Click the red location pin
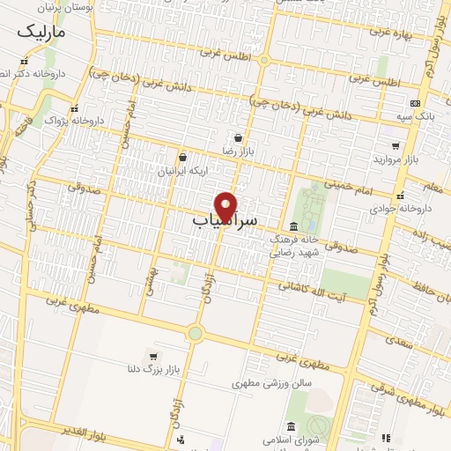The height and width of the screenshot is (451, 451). tap(226, 205)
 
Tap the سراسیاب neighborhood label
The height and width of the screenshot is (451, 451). tap(225, 221)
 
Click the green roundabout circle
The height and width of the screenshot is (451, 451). tap(195, 333)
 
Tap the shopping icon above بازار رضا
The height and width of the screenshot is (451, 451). tap(238, 137)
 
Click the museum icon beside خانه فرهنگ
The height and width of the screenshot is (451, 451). tap(292, 225)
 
